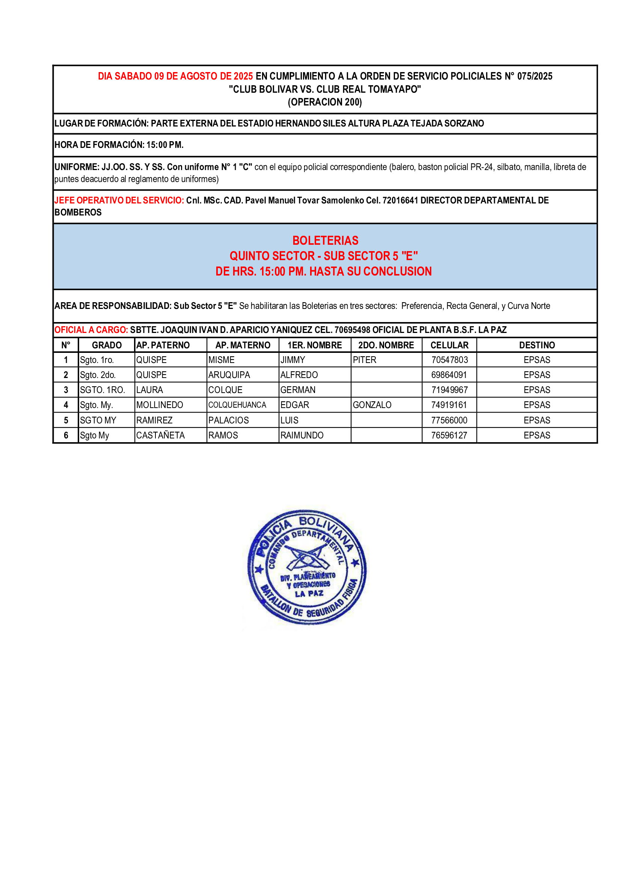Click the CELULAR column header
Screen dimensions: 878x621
(449, 345)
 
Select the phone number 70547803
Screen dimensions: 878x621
(449, 360)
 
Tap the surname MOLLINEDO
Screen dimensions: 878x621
(160, 405)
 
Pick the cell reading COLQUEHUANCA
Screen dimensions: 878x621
(237, 405)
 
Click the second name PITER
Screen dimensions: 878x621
(365, 360)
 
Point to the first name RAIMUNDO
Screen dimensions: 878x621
(302, 435)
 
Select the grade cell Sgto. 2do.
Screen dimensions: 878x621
(98, 375)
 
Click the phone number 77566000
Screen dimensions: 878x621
(449, 420)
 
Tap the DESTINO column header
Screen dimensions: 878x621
(537, 345)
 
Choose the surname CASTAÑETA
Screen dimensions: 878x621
(160, 435)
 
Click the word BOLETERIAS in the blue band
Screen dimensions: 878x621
(326, 240)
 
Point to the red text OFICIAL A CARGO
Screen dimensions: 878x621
(91, 330)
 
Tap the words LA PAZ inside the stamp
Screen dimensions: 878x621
(309, 594)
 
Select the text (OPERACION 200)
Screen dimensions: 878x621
(325, 102)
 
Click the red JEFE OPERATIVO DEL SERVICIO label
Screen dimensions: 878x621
(119, 200)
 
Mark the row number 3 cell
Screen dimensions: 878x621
(66, 390)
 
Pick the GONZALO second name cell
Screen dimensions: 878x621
(372, 405)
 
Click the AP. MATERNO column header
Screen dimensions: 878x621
(243, 345)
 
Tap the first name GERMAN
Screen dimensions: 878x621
(298, 390)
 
